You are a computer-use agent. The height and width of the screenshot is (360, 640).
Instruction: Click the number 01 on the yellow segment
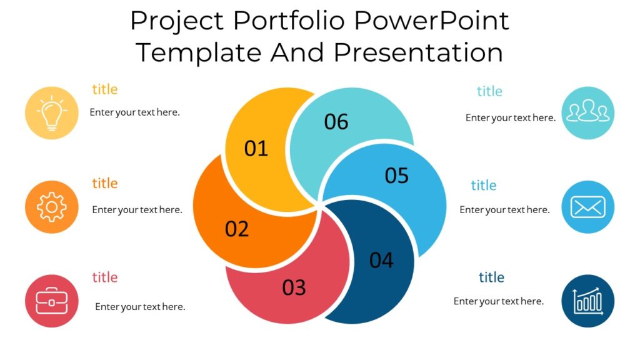256,149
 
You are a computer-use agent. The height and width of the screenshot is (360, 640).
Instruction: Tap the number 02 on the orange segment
237,229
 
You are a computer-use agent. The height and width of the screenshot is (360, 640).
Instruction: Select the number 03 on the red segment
294,287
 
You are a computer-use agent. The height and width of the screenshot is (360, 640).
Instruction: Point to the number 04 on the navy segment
381,260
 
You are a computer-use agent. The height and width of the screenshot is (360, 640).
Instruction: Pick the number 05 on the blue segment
396,176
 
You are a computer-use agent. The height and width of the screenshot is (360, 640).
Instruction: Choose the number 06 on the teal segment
336,122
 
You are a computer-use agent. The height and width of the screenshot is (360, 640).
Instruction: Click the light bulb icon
52,113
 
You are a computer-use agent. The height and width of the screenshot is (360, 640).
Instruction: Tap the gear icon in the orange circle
52,207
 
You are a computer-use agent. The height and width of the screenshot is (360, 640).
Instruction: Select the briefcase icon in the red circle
52,301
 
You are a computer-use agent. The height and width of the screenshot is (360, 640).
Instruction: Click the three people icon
587,113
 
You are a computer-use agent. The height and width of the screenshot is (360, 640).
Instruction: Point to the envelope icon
587,207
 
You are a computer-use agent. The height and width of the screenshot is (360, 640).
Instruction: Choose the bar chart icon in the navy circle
587,301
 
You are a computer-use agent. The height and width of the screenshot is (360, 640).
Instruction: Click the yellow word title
104,89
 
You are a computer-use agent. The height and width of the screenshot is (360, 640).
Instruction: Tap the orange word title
104,183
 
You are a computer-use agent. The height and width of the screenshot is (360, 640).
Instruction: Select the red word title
104,277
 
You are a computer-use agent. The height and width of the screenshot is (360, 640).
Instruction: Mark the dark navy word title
491,277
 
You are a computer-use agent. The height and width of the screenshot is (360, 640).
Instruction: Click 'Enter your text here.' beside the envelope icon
504,210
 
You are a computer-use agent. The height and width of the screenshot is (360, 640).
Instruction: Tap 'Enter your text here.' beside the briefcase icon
140,307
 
